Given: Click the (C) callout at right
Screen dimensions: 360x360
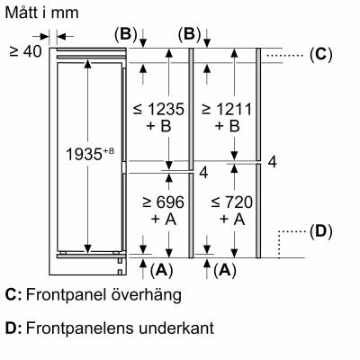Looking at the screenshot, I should [x=320, y=55].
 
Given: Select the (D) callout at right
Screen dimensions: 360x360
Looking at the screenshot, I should [x=320, y=231].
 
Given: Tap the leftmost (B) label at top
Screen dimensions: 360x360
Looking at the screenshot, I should [x=125, y=34].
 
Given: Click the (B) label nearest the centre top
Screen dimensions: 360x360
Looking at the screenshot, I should [x=189, y=34].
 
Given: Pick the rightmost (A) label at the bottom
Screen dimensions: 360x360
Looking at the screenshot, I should [x=226, y=268].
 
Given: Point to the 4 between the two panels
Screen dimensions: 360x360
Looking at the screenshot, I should [x=205, y=171].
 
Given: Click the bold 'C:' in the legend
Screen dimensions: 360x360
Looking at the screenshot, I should [x=13, y=295].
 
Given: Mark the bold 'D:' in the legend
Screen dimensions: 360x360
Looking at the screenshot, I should [x=13, y=328].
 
